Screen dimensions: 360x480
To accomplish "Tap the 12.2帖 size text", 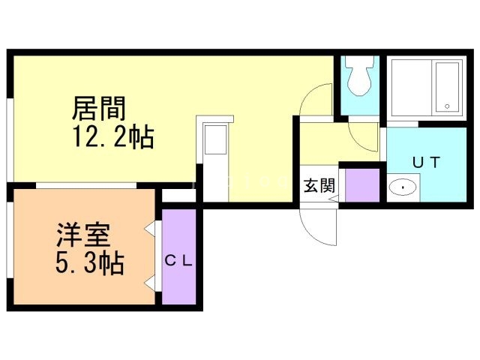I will click(112, 137).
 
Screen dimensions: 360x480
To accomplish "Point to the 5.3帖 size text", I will click(89, 263).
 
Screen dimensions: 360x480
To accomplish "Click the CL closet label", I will click(179, 261).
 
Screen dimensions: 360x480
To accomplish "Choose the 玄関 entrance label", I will click(318, 186).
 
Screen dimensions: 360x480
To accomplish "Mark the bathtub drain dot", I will click(448, 105).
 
